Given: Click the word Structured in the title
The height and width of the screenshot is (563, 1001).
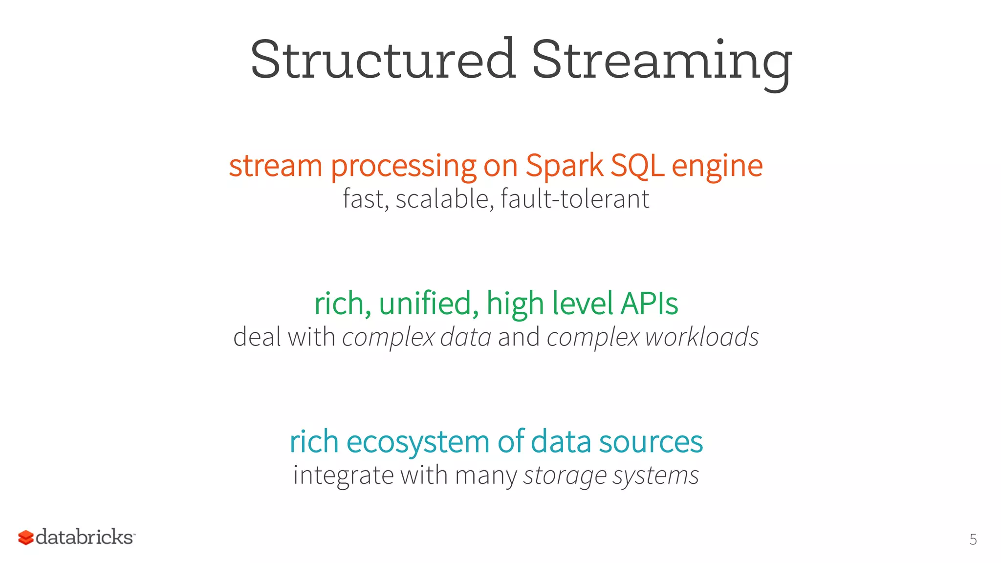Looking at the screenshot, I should click(383, 60).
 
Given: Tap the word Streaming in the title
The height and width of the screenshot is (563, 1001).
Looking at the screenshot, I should click(661, 61).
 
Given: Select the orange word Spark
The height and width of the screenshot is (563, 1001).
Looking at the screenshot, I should click(565, 166).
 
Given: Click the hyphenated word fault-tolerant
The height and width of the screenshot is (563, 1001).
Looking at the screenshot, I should click(575, 199).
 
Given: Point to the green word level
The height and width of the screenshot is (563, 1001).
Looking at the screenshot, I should click(582, 303).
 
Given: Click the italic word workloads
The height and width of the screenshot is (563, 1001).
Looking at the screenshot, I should click(701, 337).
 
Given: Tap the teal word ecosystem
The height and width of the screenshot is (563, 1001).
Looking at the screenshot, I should click(418, 442).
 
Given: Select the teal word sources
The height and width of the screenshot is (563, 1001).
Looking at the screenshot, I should click(651, 442).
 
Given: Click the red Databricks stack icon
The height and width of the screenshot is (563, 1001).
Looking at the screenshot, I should click(26, 538).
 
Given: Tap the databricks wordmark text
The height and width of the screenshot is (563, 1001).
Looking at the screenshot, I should click(85, 537).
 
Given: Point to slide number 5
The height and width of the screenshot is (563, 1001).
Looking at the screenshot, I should click(973, 540).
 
